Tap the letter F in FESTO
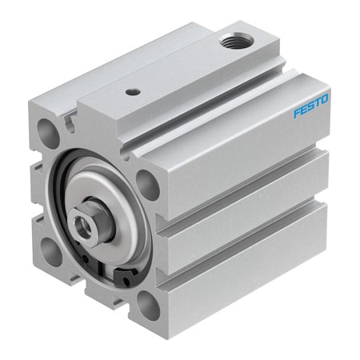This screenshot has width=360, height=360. click(x=296, y=114)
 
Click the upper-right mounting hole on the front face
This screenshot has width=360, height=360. click(x=146, y=182)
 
